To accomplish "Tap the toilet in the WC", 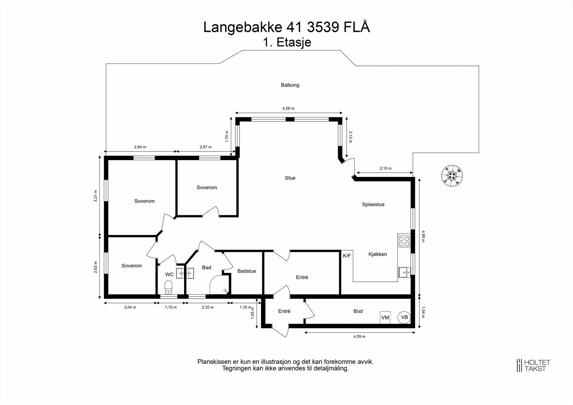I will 168,286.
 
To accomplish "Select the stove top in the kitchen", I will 404,241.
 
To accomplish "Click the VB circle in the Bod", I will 404,317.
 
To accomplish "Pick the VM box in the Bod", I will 385,318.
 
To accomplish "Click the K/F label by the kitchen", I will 347,256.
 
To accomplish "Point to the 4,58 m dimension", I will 288,109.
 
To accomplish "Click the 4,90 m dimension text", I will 423,236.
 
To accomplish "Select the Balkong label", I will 290,85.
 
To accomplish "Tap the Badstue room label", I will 247,271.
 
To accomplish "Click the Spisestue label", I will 373,204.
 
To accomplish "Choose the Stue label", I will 290,178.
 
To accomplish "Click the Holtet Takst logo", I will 533,366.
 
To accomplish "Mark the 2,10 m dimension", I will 385,168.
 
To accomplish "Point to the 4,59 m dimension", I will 359,337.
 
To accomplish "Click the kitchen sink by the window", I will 404,273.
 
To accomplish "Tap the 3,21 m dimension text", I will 95,196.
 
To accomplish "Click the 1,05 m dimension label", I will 253,313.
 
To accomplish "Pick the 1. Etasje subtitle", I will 287,42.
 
